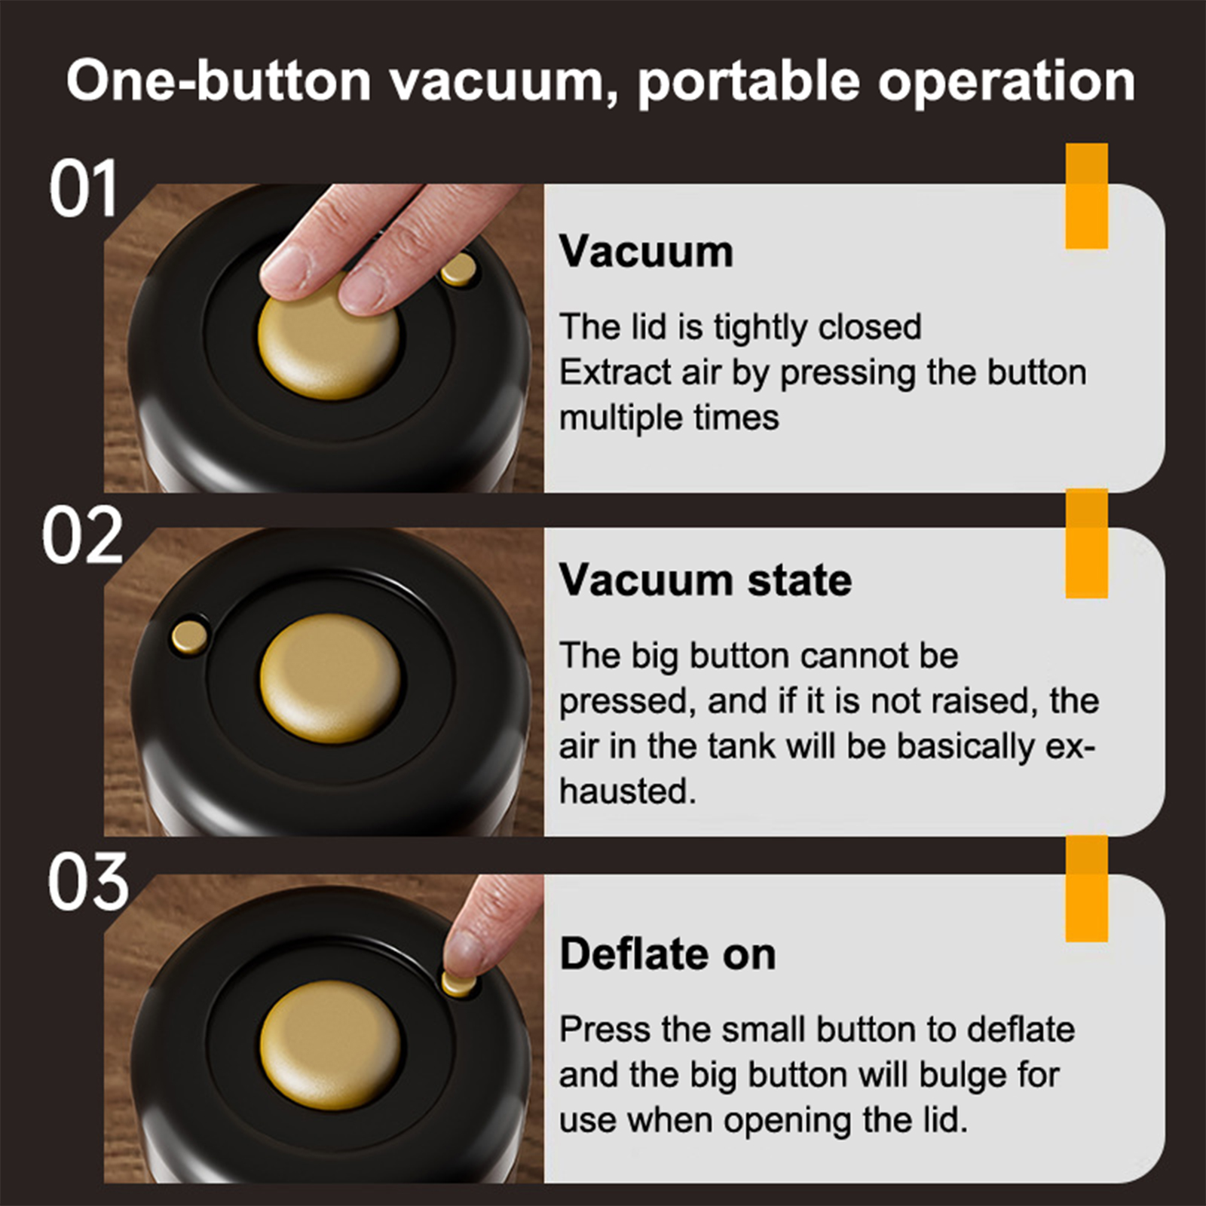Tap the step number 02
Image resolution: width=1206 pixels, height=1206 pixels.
point(82,535)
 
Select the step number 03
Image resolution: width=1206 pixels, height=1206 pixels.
point(88,882)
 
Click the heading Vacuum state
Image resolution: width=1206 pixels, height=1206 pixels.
point(706,580)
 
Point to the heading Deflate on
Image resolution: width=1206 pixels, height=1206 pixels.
point(668,954)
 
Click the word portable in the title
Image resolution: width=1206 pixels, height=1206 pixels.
point(748,81)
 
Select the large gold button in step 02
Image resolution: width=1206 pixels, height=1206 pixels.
point(331,677)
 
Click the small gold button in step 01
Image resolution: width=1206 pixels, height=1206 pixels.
point(458,270)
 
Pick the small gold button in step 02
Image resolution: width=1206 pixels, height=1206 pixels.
point(189,636)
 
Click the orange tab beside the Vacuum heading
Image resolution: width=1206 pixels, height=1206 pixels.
point(1086,196)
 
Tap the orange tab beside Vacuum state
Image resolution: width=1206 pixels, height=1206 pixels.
point(1086,543)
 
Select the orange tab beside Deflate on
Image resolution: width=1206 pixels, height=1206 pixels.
point(1086,889)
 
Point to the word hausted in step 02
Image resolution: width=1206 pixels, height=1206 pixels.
point(628,791)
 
